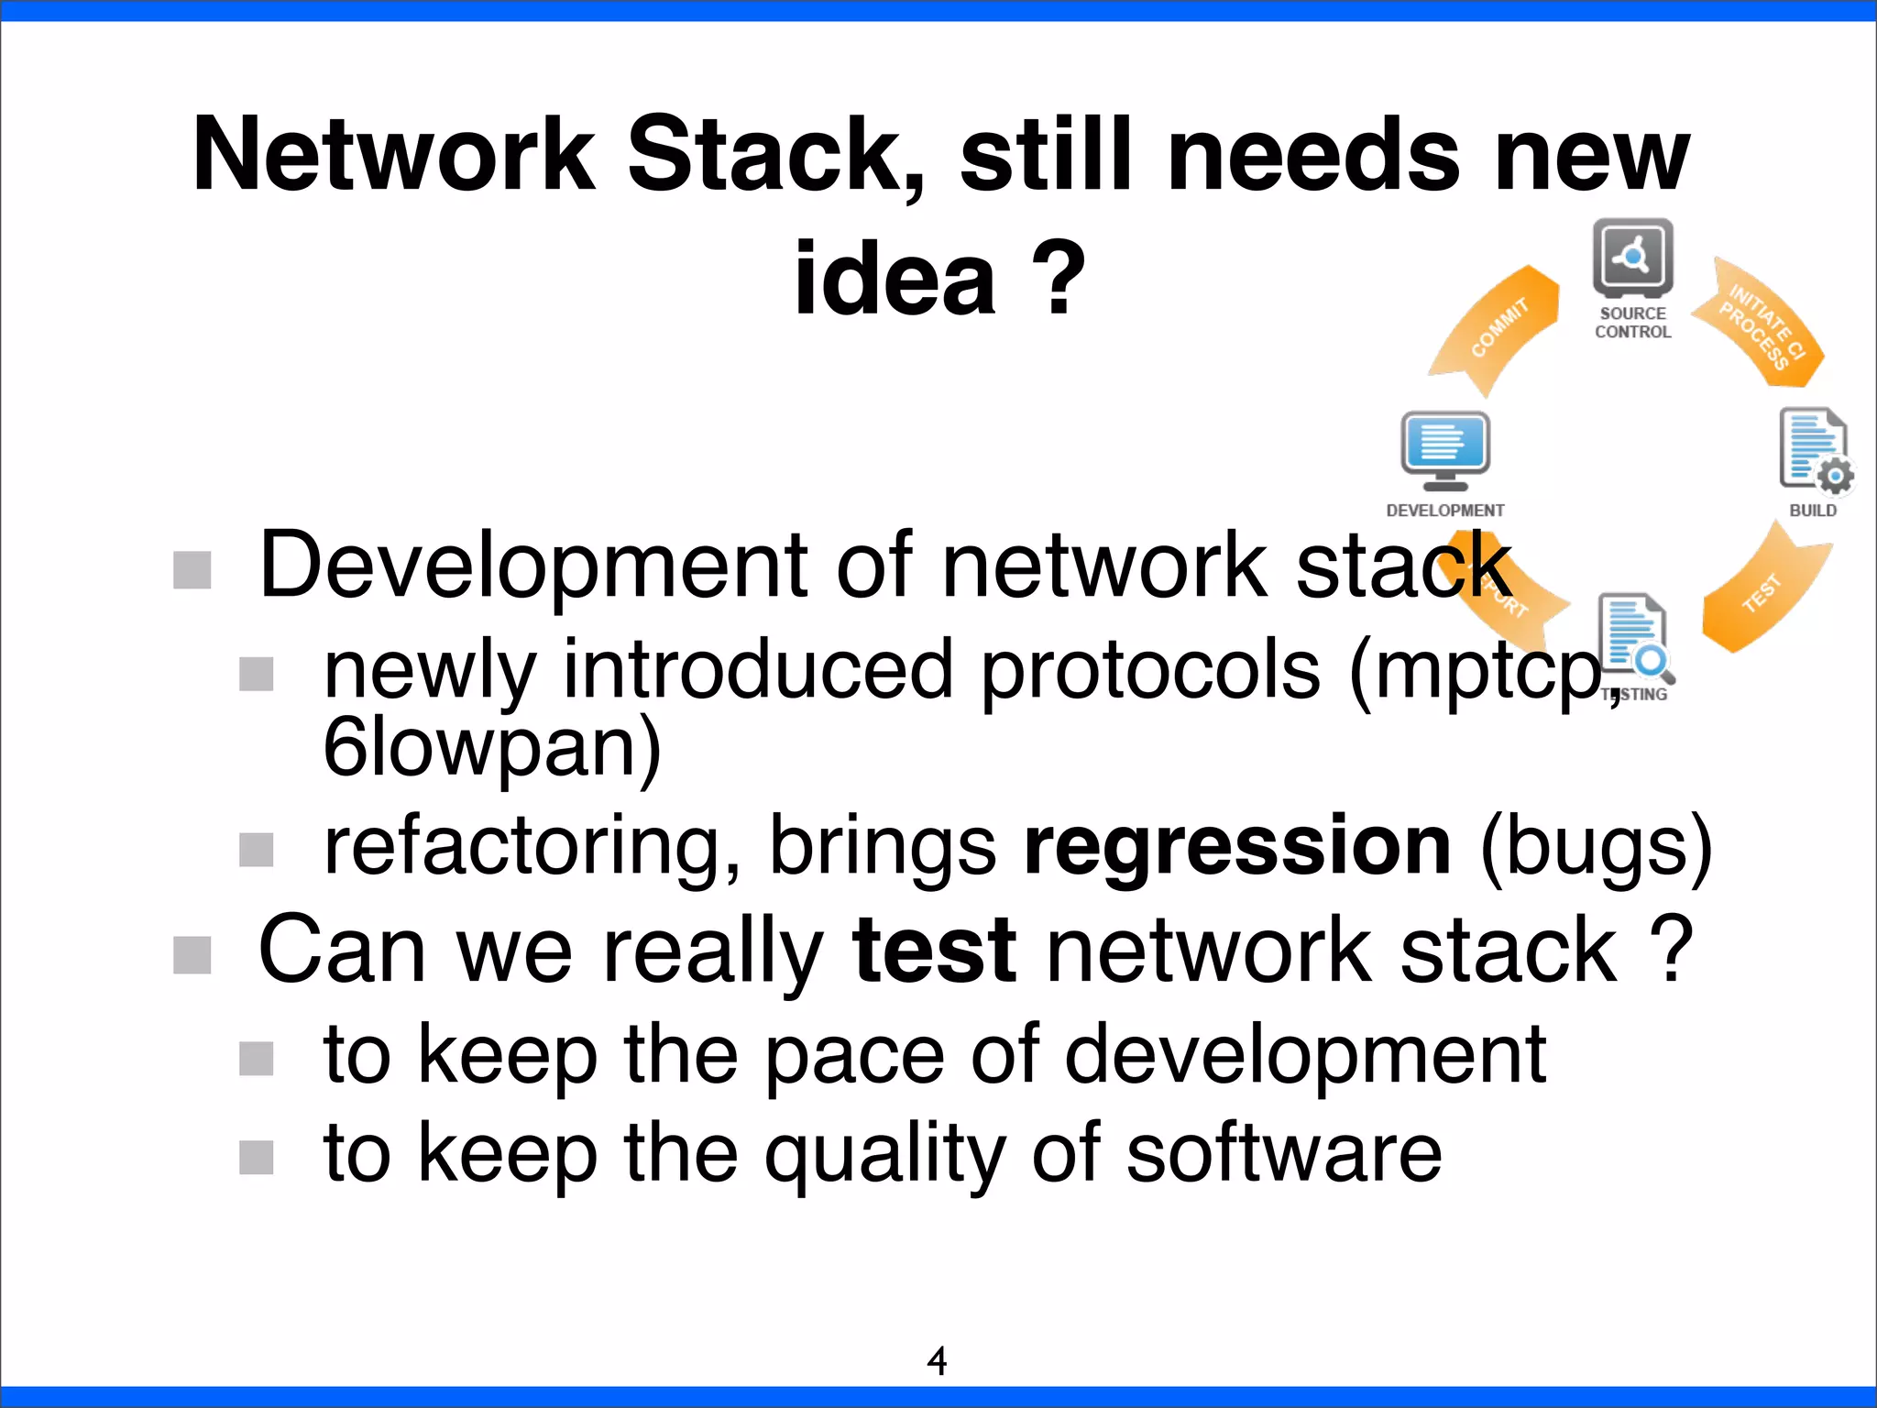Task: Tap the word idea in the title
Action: tap(895, 279)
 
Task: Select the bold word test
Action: tap(933, 951)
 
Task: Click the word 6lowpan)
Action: tap(492, 748)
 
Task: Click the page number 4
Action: tap(937, 1361)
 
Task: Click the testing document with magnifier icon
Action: tap(1636, 638)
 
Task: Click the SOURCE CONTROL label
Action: tap(1632, 323)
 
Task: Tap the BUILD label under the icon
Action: tap(1812, 511)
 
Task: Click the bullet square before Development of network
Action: tap(192, 570)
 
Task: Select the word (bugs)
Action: tap(1596, 847)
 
